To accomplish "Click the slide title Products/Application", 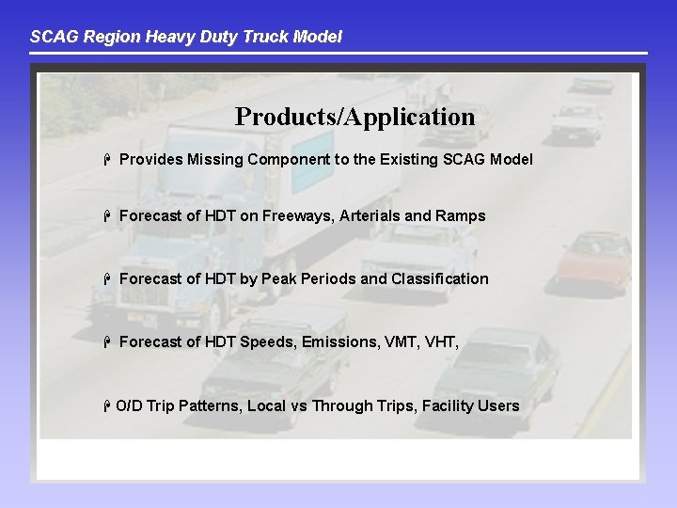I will pyautogui.click(x=354, y=118).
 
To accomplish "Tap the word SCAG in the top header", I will pyautogui.click(x=50, y=38).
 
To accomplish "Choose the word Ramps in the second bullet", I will pyautogui.click(x=461, y=216).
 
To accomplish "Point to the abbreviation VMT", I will pyautogui.click(x=402, y=342).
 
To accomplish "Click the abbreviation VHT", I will pyautogui.click(x=442, y=342).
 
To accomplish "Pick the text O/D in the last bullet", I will pyautogui.click(x=128, y=406).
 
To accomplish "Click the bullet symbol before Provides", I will pyautogui.click(x=109, y=160).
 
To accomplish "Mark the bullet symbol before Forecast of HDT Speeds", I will pyautogui.click(x=109, y=342).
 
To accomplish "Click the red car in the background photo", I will pyautogui.click(x=593, y=260).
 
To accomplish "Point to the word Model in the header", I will pyautogui.click(x=318, y=38).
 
